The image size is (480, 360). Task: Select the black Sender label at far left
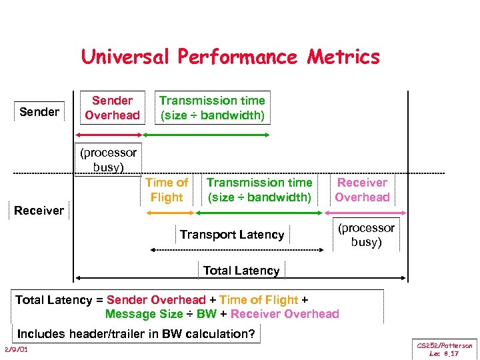pos(39,111)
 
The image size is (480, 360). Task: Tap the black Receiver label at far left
pos(39,211)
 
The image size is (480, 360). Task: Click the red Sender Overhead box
pos(112,108)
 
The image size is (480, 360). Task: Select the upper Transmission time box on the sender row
pos(212,108)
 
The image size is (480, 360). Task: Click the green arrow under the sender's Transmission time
pos(207,135)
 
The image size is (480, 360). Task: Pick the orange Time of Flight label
pos(167,190)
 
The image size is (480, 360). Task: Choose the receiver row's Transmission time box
pos(259,190)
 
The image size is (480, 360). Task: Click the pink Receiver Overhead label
pos(362,190)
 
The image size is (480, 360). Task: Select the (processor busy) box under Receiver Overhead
pos(366,235)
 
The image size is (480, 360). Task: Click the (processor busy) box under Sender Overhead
pos(108,159)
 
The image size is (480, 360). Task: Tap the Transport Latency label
pos(232,235)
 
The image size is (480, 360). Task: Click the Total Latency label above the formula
pos(241,271)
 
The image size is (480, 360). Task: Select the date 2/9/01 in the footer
pos(15,350)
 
